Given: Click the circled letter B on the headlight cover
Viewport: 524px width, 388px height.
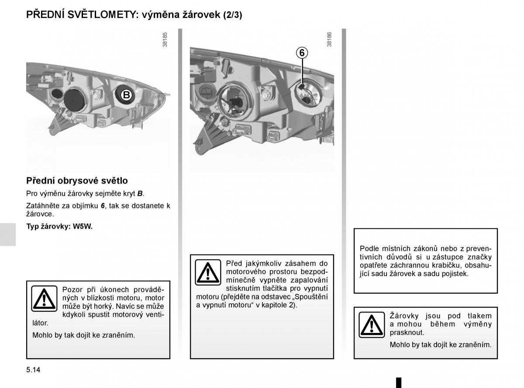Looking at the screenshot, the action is click(126, 95).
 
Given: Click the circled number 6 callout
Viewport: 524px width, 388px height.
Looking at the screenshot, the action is click(302, 52).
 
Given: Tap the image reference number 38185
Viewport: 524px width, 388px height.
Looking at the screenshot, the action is click(165, 40).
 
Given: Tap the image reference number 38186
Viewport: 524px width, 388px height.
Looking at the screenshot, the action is click(329, 39).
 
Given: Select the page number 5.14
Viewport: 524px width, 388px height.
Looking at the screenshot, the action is click(33, 370).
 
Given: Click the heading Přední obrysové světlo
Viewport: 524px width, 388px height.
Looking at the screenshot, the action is click(77, 180).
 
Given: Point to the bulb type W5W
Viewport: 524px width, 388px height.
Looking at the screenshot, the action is click(83, 226).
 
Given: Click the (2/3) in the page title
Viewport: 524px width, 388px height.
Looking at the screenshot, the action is click(233, 15).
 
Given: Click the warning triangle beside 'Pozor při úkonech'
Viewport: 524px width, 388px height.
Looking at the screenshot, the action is click(44, 298).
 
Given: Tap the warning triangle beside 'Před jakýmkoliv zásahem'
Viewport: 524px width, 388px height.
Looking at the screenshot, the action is click(208, 272).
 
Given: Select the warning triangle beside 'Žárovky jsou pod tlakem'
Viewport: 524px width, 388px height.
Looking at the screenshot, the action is click(372, 325).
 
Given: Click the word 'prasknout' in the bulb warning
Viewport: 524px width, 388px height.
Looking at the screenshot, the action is click(407, 333).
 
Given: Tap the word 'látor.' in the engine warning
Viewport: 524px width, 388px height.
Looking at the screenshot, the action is click(40, 323).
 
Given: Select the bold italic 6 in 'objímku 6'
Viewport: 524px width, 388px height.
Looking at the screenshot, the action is click(103, 206).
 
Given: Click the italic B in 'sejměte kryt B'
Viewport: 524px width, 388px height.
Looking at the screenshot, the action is click(140, 194).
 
